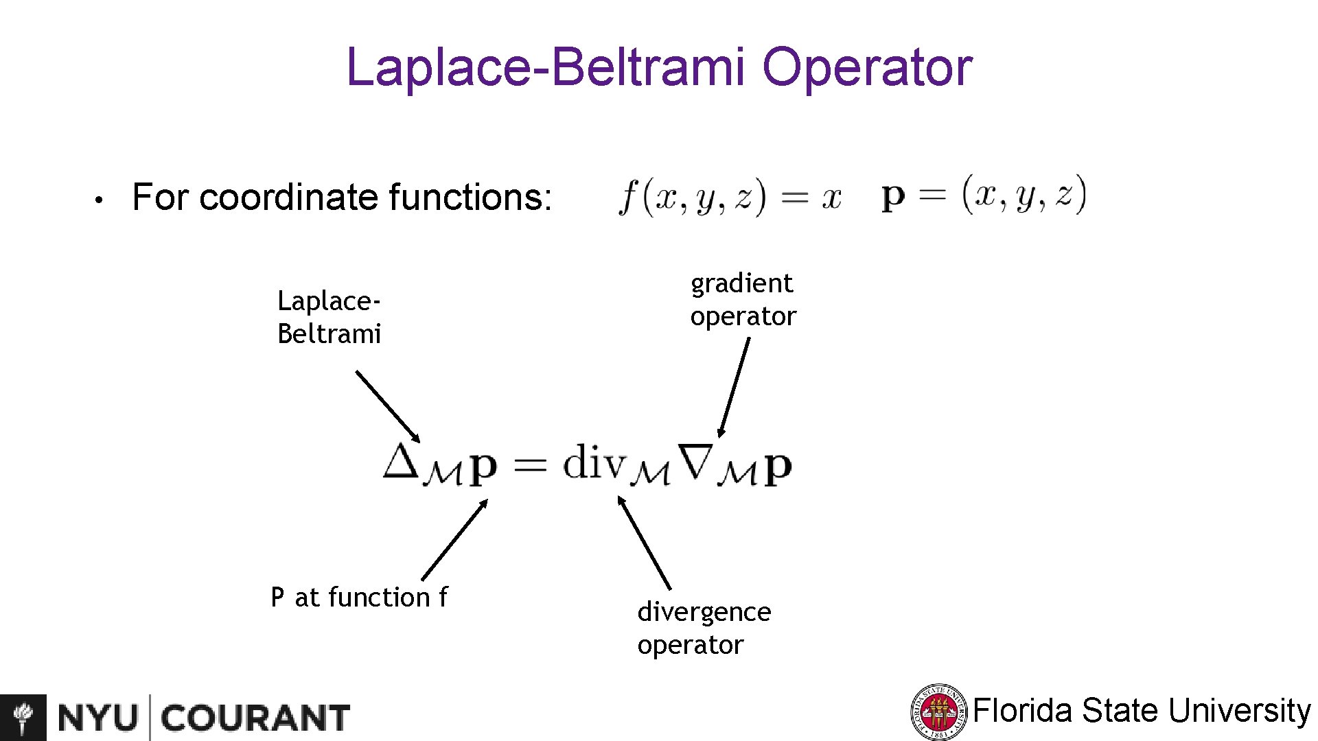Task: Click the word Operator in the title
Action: pos(867,67)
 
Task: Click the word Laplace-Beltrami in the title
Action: pos(545,67)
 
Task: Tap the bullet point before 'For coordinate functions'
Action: pos(100,200)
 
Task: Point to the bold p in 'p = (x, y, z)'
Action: pos(893,196)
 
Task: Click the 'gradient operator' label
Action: pos(743,300)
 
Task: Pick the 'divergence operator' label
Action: pos(704,628)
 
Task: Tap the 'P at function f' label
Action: pos(359,597)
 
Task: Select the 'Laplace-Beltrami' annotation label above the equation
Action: pos(329,317)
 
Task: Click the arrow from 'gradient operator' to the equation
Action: pos(733,388)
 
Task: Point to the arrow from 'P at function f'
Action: pos(454,539)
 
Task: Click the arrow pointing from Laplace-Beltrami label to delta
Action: pos(387,406)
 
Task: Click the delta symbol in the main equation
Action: pos(400,460)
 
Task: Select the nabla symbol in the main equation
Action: pos(695,461)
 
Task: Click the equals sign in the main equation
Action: pos(530,465)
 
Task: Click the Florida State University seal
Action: pos(938,712)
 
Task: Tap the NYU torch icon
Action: pos(23,718)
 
